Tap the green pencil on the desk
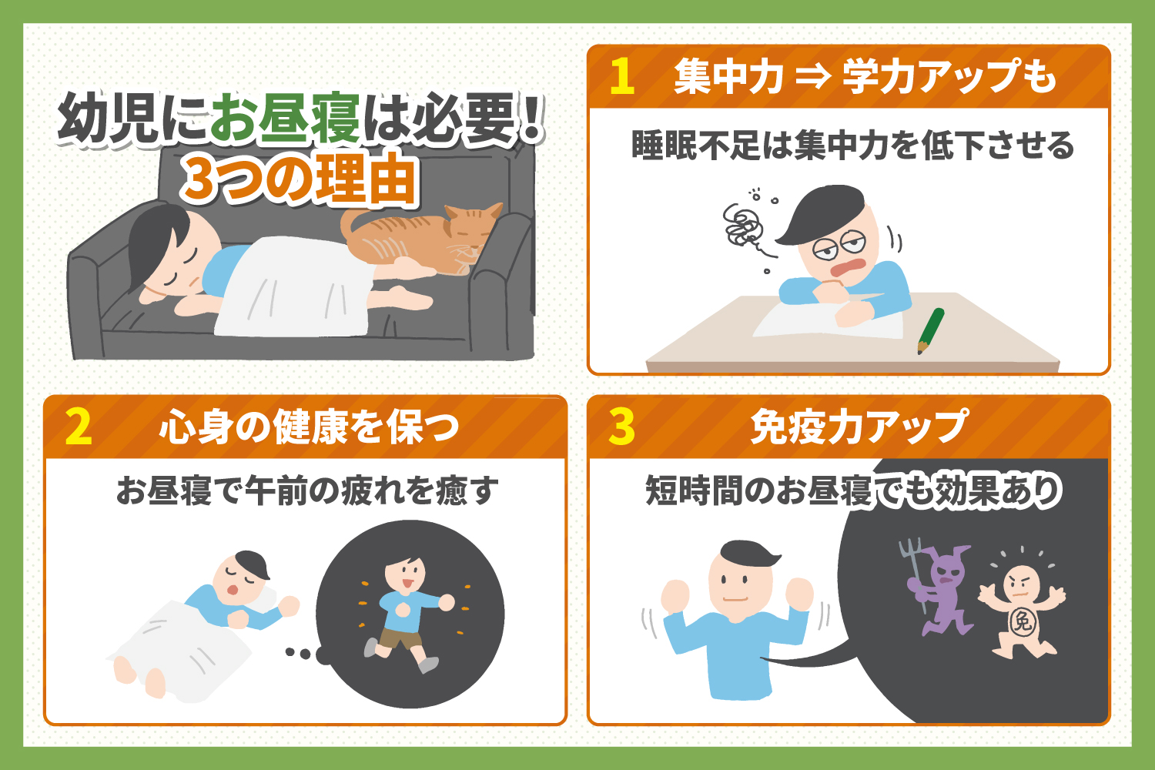coord(930,330)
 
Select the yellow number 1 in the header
coord(621,77)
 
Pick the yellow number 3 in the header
coord(621,427)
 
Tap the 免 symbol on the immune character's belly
coord(1023,621)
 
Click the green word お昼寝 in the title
coord(285,119)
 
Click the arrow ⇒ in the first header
coord(812,77)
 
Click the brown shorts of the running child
coord(396,638)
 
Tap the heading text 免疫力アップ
coord(859,427)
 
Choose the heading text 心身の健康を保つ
coord(308,427)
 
